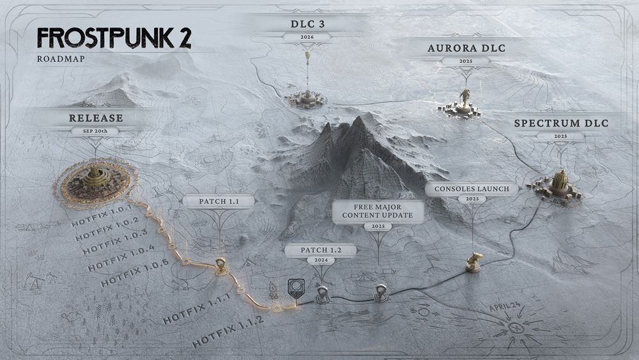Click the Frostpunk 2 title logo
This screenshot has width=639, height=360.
[113, 39]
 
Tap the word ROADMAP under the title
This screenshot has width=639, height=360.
[61, 59]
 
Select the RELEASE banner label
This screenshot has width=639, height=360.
[96, 118]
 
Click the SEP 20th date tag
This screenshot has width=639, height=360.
[96, 131]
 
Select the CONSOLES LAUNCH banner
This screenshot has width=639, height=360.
[472, 189]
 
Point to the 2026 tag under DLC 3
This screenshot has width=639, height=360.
[308, 37]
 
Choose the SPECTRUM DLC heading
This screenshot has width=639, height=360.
[560, 123]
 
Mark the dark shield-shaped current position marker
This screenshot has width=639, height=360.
[295, 288]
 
